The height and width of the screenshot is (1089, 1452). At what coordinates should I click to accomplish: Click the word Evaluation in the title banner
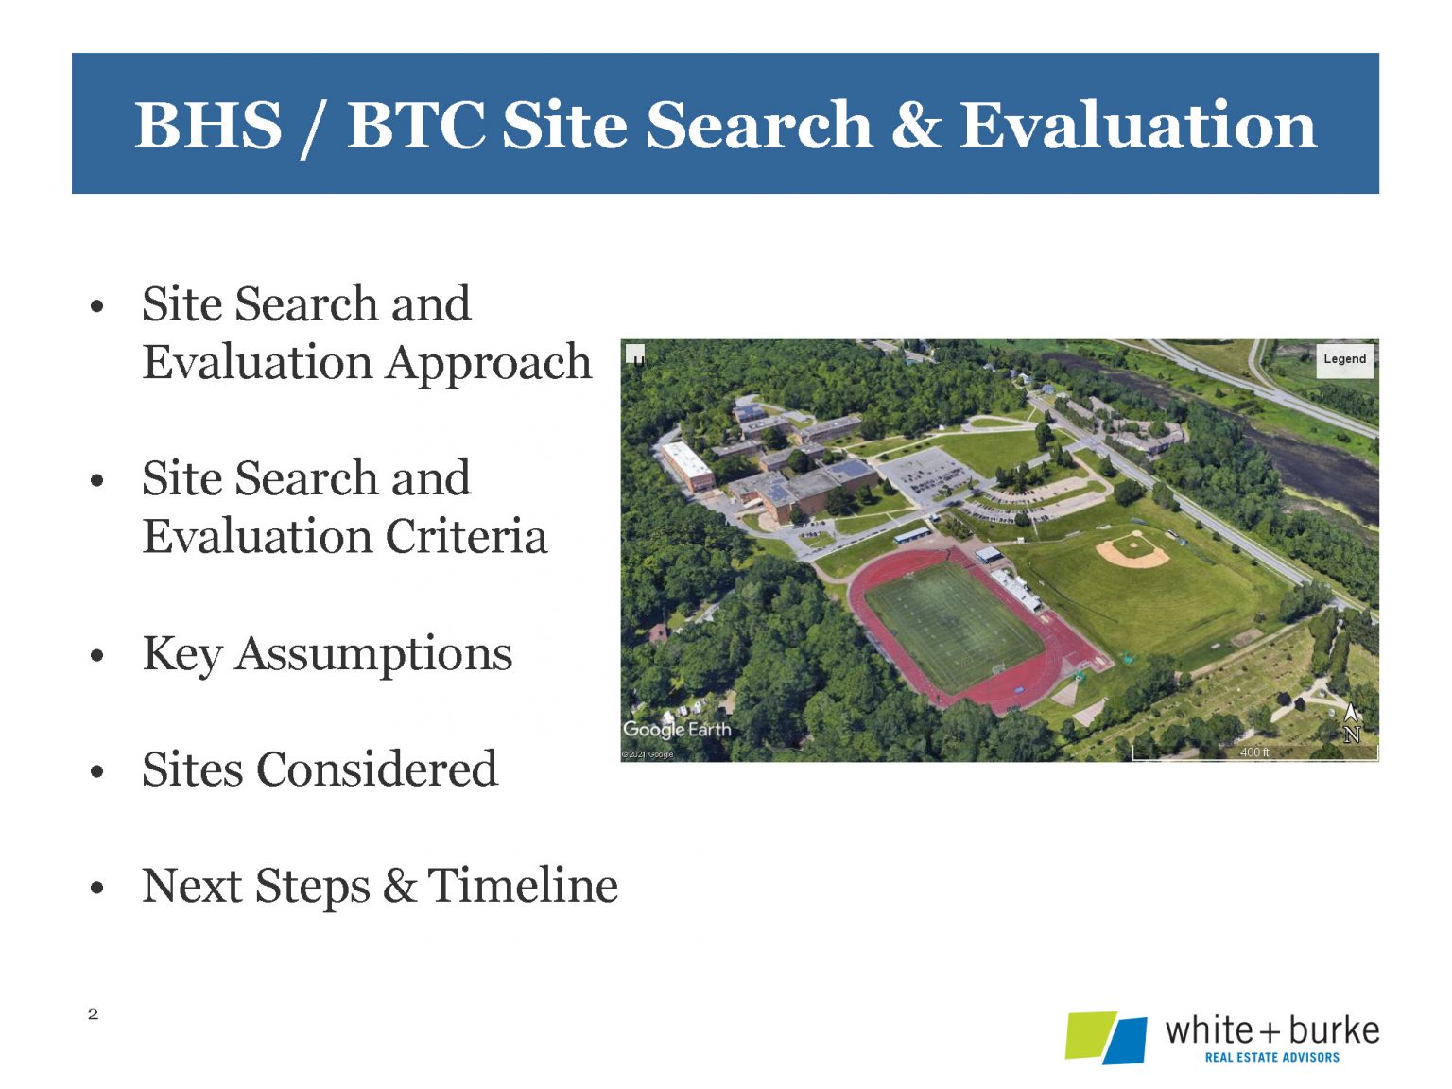click(x=1137, y=126)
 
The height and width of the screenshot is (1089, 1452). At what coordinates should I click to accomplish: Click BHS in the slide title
click(x=208, y=126)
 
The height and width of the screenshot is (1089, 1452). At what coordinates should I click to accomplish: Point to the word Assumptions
click(x=373, y=655)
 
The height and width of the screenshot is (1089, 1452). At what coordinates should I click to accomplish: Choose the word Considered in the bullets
click(x=377, y=769)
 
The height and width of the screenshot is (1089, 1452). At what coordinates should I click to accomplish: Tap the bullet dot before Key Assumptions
click(x=96, y=656)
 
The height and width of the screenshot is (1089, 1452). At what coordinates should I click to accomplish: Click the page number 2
click(x=93, y=1014)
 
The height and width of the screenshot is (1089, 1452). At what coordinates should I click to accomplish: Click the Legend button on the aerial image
click(x=1344, y=359)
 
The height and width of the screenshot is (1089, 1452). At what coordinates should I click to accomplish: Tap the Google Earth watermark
click(x=677, y=729)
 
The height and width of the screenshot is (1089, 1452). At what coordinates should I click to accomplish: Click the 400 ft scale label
click(x=1254, y=752)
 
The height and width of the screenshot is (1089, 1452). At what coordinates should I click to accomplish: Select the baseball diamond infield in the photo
click(x=1133, y=550)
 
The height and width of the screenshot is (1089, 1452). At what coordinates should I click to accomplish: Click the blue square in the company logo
click(x=1126, y=1040)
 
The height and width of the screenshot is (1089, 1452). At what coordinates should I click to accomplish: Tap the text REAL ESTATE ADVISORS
click(x=1271, y=1058)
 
